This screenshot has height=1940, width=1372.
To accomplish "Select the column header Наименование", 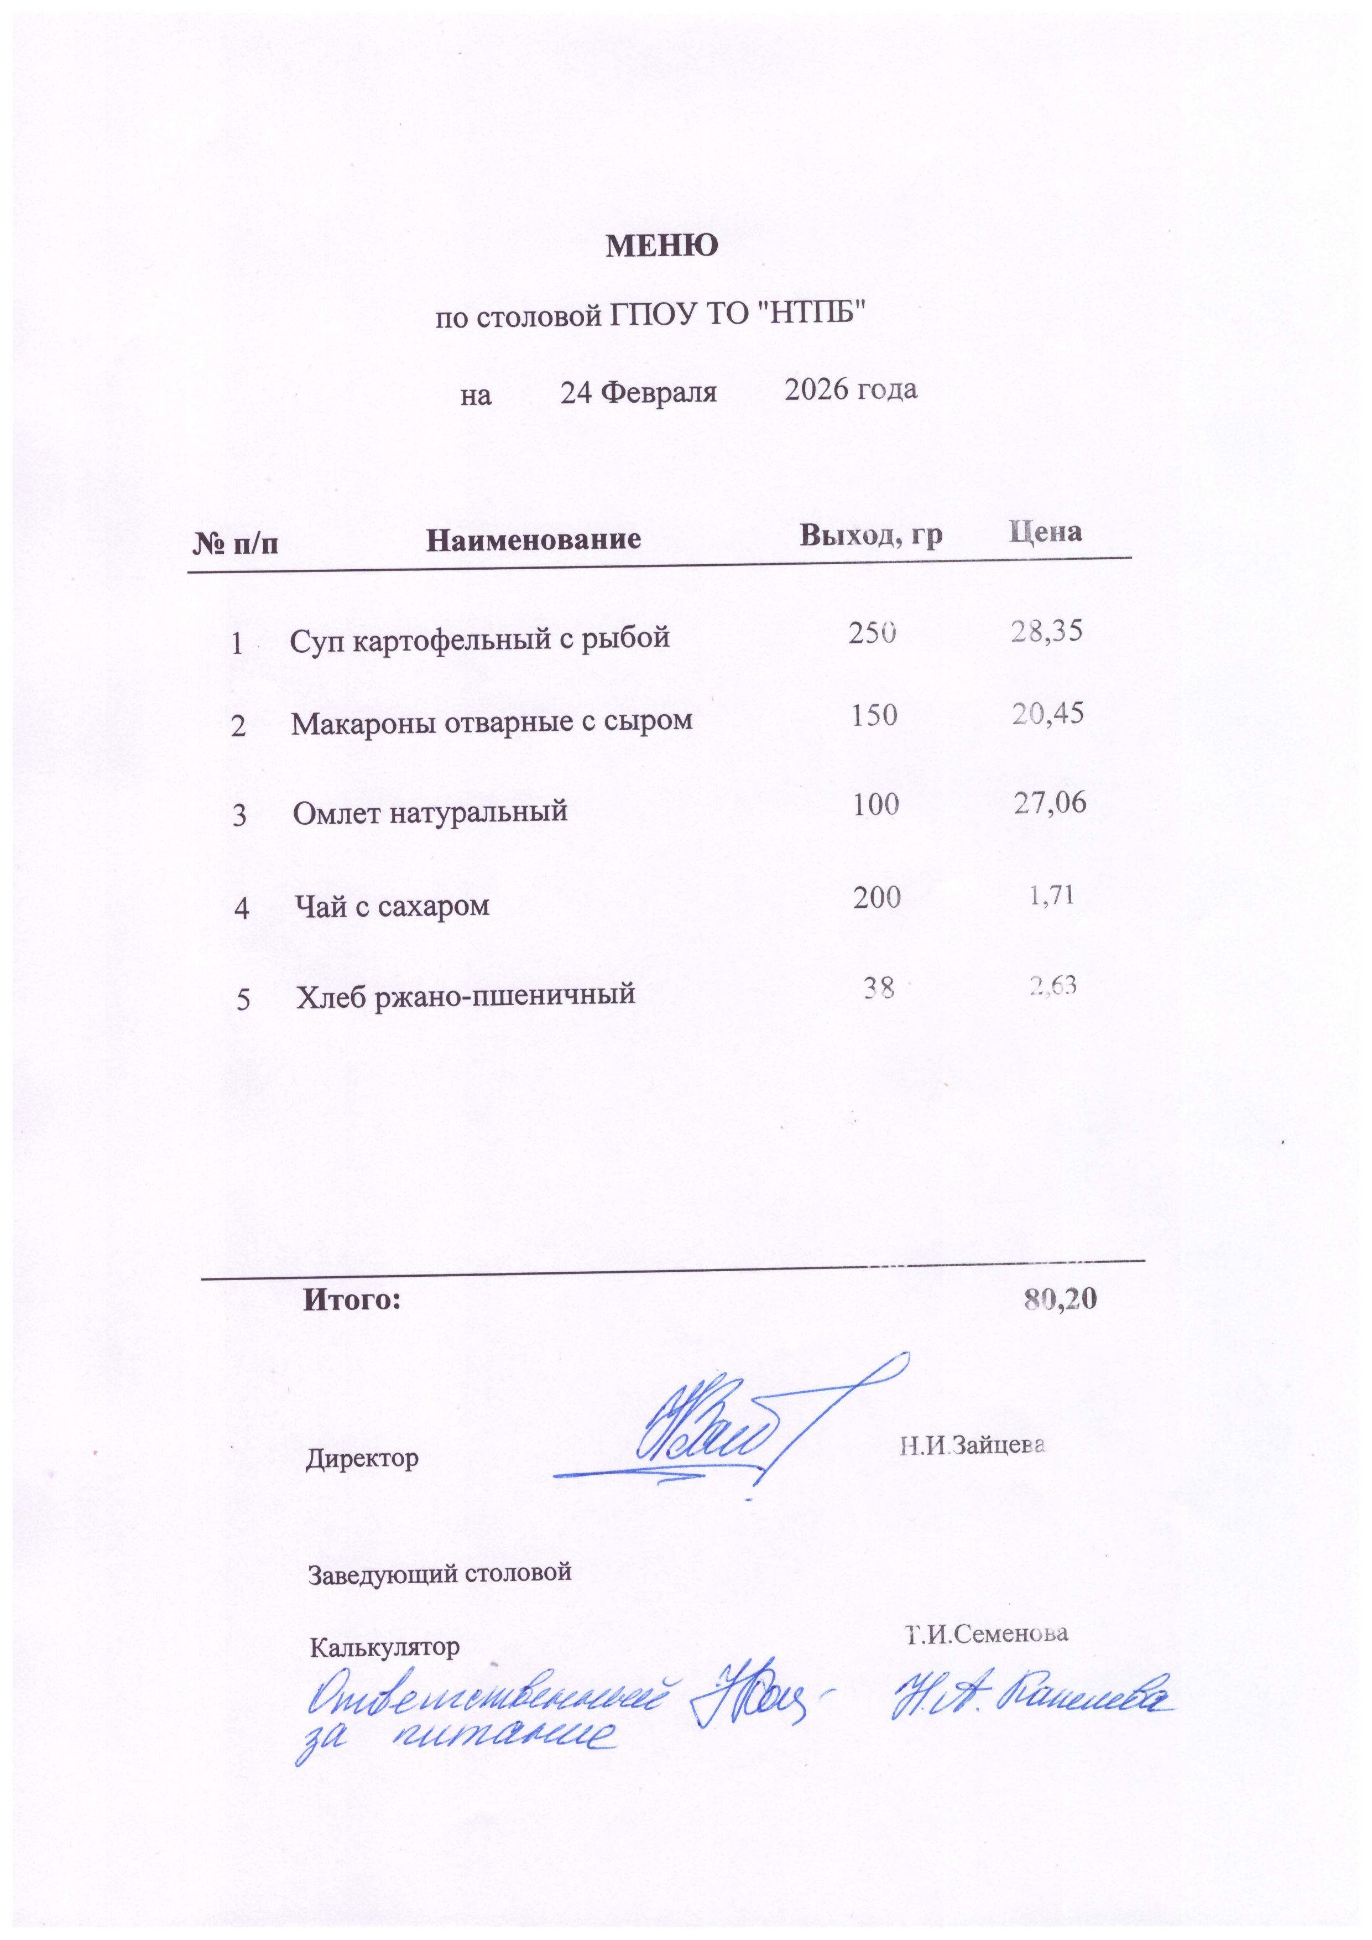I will click(533, 539).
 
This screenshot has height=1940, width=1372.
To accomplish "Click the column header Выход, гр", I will click(871, 535).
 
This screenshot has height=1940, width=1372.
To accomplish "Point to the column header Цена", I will click(1045, 532).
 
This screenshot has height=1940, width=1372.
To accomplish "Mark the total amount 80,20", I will click(1060, 1299).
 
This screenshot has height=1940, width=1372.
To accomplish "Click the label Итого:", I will click(352, 1299).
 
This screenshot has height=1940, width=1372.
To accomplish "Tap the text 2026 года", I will click(851, 389).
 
